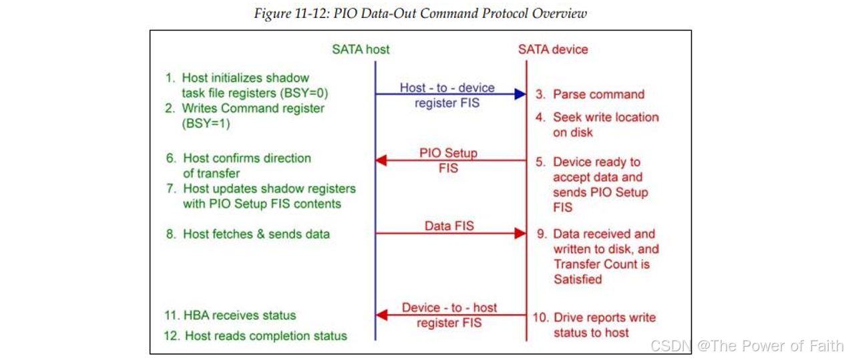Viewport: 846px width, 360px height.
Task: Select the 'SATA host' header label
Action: (x=361, y=49)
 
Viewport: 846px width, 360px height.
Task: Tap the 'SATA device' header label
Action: (x=553, y=49)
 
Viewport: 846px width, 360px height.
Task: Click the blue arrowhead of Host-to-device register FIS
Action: (x=520, y=94)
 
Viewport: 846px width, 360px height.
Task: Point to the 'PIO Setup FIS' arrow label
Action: (x=448, y=160)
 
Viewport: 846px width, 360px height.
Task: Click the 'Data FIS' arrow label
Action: (x=449, y=226)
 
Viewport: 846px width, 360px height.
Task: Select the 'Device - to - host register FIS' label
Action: (x=449, y=315)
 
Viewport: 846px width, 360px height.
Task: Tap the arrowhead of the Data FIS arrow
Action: (x=520, y=233)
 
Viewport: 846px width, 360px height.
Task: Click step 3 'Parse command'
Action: (x=590, y=94)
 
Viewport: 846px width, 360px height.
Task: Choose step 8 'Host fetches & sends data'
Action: (x=248, y=234)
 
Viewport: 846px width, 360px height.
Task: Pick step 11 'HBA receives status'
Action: (x=230, y=315)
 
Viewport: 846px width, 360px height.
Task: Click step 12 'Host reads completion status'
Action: (x=256, y=336)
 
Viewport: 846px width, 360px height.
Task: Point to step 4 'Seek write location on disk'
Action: (x=598, y=124)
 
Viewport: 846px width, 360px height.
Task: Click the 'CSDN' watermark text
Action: (x=670, y=345)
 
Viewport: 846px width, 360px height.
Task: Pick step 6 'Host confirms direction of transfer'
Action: (x=239, y=166)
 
